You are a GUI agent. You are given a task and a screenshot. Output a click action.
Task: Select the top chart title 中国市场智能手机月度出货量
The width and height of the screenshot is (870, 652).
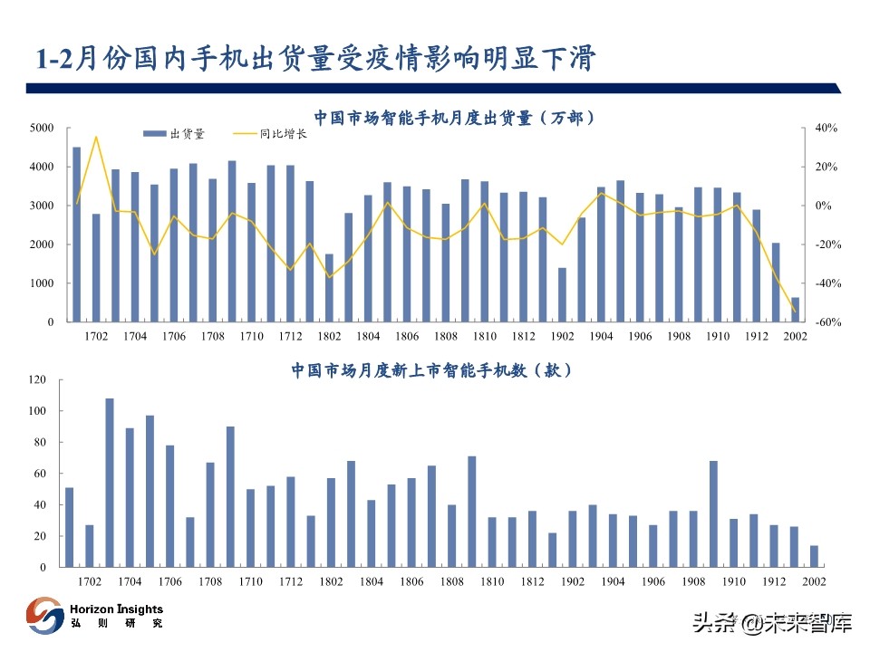pos(449,118)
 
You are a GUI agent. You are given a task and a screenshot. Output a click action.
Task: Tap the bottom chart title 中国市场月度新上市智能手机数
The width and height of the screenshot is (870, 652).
pos(431,370)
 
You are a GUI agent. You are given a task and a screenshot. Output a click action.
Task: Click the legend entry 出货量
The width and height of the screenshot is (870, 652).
pos(175,134)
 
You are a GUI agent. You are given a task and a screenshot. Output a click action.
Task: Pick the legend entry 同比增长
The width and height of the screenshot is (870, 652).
pos(271,134)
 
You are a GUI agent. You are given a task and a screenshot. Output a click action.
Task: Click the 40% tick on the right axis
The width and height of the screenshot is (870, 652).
pos(826,129)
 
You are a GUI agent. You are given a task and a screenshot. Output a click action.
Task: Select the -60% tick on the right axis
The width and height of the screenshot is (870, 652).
pos(826,322)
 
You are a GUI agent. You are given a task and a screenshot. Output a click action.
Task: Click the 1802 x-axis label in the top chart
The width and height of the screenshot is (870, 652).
pos(329,337)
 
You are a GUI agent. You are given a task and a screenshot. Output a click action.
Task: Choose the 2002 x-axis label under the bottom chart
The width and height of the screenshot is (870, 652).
pos(813,581)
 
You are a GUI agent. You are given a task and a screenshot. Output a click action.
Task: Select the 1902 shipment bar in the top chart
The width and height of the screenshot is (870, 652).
pos(562,295)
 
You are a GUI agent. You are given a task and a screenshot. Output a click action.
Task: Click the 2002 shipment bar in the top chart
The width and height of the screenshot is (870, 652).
pos(795,310)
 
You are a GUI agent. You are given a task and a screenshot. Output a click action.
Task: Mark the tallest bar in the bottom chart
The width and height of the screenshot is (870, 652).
pos(110,483)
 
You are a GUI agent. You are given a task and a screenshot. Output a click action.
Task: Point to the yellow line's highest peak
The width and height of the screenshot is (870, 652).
pos(96,137)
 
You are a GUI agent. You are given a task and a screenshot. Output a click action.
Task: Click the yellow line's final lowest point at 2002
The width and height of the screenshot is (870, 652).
pos(795,312)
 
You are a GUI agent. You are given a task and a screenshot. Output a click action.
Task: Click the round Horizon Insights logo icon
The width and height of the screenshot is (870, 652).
pos(44,616)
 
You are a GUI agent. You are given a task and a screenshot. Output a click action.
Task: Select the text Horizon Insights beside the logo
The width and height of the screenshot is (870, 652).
pos(116,609)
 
